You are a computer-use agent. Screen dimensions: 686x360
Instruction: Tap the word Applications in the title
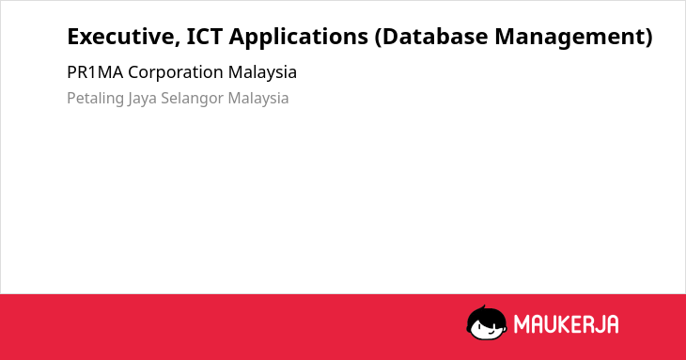pos(299,38)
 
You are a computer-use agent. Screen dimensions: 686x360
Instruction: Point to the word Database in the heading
pos(434,37)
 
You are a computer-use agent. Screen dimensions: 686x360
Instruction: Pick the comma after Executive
pos(178,43)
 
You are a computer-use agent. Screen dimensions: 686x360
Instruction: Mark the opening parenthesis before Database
pos(379,38)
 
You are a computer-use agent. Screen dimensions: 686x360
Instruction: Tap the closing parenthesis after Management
pos(647,38)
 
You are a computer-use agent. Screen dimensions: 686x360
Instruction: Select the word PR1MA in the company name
pos(95,72)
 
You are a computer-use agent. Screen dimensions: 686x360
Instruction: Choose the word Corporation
pos(176,73)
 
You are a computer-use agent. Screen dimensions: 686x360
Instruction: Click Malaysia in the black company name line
pos(262,73)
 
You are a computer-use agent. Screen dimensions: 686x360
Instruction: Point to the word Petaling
pos(95,99)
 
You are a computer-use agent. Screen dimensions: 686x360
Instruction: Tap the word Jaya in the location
pos(142,99)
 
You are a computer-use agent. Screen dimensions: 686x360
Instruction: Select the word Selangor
pos(192,99)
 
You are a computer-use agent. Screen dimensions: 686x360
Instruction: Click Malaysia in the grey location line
pos(258,99)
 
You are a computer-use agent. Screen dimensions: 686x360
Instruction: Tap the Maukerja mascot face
pos(487,322)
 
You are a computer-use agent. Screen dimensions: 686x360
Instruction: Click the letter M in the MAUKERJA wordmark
pos(521,324)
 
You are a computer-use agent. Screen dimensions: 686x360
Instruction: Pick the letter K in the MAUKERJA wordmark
pos(565,324)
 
